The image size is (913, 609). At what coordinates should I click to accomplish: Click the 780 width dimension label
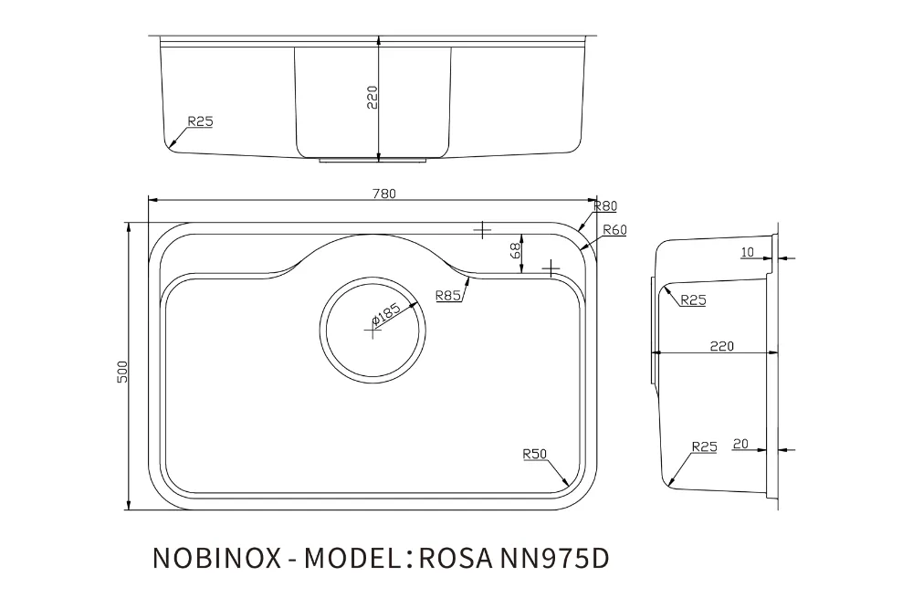[384, 194]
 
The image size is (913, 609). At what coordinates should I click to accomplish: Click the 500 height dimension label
[122, 372]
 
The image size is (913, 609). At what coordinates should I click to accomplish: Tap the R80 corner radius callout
[605, 206]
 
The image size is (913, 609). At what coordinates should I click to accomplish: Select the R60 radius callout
[614, 230]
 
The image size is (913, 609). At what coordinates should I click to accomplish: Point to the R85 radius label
[448, 296]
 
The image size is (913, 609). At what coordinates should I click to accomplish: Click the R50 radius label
[534, 454]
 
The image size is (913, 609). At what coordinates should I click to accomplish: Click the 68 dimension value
[515, 251]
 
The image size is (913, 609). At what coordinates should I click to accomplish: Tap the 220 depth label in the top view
[373, 97]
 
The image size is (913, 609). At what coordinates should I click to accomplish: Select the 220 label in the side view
[722, 346]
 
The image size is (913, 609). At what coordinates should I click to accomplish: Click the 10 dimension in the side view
[748, 252]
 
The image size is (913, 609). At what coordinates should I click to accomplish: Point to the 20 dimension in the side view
[740, 445]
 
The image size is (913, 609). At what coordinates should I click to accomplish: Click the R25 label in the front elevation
[200, 121]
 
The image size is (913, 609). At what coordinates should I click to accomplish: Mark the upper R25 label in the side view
[694, 300]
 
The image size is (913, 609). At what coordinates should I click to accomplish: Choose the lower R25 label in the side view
[705, 447]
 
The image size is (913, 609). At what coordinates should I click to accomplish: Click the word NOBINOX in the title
[216, 558]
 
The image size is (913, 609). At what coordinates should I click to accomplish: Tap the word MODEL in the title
[352, 558]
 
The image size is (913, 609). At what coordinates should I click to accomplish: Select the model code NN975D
[554, 558]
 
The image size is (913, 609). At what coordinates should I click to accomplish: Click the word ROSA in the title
[455, 558]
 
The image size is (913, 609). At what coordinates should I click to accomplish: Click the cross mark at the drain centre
[373, 331]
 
